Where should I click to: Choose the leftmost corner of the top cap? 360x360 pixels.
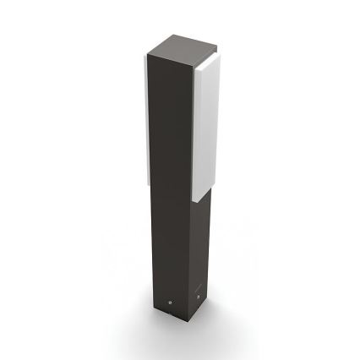point(146,54)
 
